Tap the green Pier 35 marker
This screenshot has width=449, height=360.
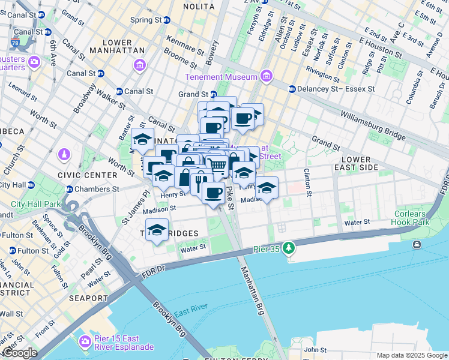click(289, 247)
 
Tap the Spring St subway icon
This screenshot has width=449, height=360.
click(167, 20)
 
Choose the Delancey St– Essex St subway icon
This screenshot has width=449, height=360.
click(292, 89)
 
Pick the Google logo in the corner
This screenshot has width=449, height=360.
click(19, 353)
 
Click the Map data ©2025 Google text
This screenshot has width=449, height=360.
click(411, 355)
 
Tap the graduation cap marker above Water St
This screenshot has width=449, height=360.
click(157, 230)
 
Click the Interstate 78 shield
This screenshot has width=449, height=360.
click(14, 43)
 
